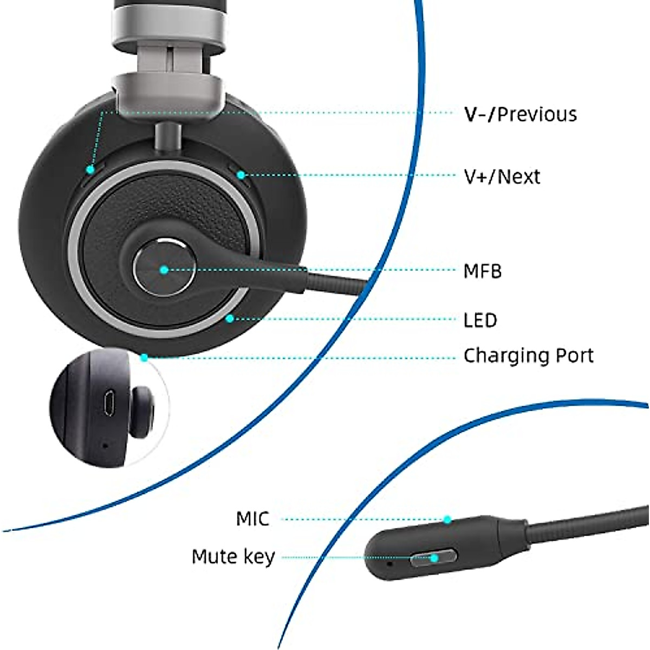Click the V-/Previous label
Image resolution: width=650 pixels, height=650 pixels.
pos(520,114)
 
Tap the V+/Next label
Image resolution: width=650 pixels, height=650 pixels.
pos(502,177)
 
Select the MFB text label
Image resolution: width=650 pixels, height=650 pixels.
pos(483,271)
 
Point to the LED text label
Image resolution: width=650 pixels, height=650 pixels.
pos(480,320)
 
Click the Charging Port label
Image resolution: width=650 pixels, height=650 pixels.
pos(528,356)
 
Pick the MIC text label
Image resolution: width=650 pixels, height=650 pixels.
pos(252,519)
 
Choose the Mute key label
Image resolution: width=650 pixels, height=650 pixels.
pos(233,557)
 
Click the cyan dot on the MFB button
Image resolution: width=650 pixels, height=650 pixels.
pos(164,269)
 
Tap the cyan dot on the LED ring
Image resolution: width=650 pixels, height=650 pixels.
pos(230,318)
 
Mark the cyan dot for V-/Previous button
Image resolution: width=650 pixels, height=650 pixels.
pos(90,170)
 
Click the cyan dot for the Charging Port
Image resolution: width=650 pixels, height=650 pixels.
pos(144,357)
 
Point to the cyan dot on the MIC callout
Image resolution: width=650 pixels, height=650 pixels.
pos(447,519)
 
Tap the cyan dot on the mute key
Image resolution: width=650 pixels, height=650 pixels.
pos(434,557)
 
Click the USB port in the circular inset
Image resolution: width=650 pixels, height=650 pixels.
pos(108,403)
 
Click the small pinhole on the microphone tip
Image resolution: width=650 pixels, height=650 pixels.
pos(391,563)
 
